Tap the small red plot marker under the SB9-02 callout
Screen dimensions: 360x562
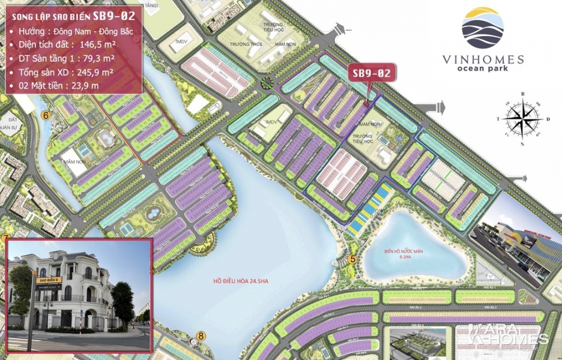click(366, 104)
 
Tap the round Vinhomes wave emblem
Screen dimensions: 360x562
click(483, 28)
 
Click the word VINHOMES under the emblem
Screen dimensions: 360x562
click(483, 59)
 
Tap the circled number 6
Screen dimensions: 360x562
click(44, 115)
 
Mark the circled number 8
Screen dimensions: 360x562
click(201, 336)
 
